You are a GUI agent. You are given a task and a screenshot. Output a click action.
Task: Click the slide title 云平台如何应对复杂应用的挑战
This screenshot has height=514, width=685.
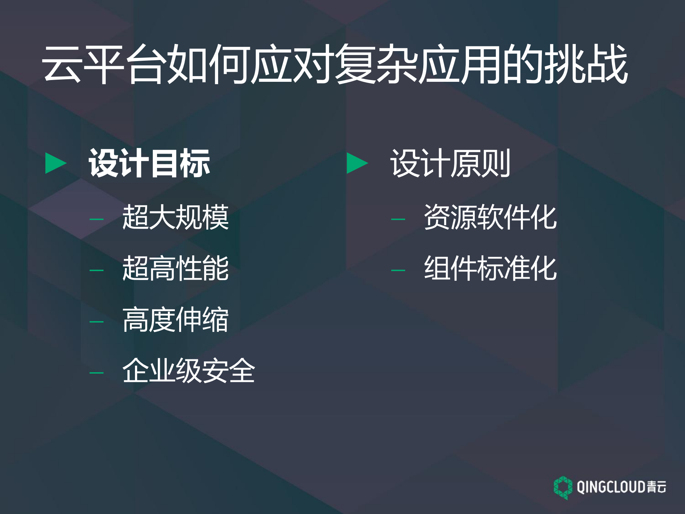click(334, 64)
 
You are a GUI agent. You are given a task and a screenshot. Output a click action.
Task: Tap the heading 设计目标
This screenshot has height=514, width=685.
click(149, 163)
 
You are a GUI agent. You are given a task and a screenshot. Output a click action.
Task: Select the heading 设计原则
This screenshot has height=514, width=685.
click(450, 163)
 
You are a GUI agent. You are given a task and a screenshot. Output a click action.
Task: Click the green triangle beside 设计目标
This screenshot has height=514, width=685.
click(55, 163)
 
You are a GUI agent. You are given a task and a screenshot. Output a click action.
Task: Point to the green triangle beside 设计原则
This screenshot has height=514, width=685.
click(357, 163)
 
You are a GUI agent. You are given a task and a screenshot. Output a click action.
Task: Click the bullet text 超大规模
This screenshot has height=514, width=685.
click(175, 217)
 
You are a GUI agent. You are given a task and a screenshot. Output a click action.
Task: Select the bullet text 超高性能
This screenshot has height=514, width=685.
click(175, 268)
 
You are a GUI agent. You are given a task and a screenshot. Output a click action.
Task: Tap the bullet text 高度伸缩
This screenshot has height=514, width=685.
click(175, 320)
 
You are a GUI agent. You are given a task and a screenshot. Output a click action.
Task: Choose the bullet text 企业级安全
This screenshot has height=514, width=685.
click(188, 371)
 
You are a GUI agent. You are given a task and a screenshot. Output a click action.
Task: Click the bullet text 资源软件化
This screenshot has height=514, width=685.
click(490, 217)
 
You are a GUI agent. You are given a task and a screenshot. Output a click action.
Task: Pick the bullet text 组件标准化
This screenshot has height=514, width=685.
click(490, 268)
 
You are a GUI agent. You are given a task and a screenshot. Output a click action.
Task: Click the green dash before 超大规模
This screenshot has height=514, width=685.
click(96, 219)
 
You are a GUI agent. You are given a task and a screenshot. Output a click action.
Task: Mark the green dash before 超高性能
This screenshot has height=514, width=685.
click(96, 270)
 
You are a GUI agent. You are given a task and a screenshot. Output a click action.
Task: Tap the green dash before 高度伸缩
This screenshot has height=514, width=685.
click(96, 322)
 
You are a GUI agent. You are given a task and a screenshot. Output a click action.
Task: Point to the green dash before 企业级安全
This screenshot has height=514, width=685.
click(96, 373)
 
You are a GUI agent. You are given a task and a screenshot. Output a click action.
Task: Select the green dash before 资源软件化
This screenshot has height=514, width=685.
click(398, 219)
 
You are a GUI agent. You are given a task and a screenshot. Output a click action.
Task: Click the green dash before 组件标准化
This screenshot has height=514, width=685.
click(398, 270)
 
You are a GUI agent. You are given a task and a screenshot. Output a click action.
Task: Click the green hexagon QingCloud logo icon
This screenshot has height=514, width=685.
click(563, 487)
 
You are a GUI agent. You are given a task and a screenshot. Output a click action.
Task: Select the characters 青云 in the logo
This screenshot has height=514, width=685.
click(656, 487)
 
